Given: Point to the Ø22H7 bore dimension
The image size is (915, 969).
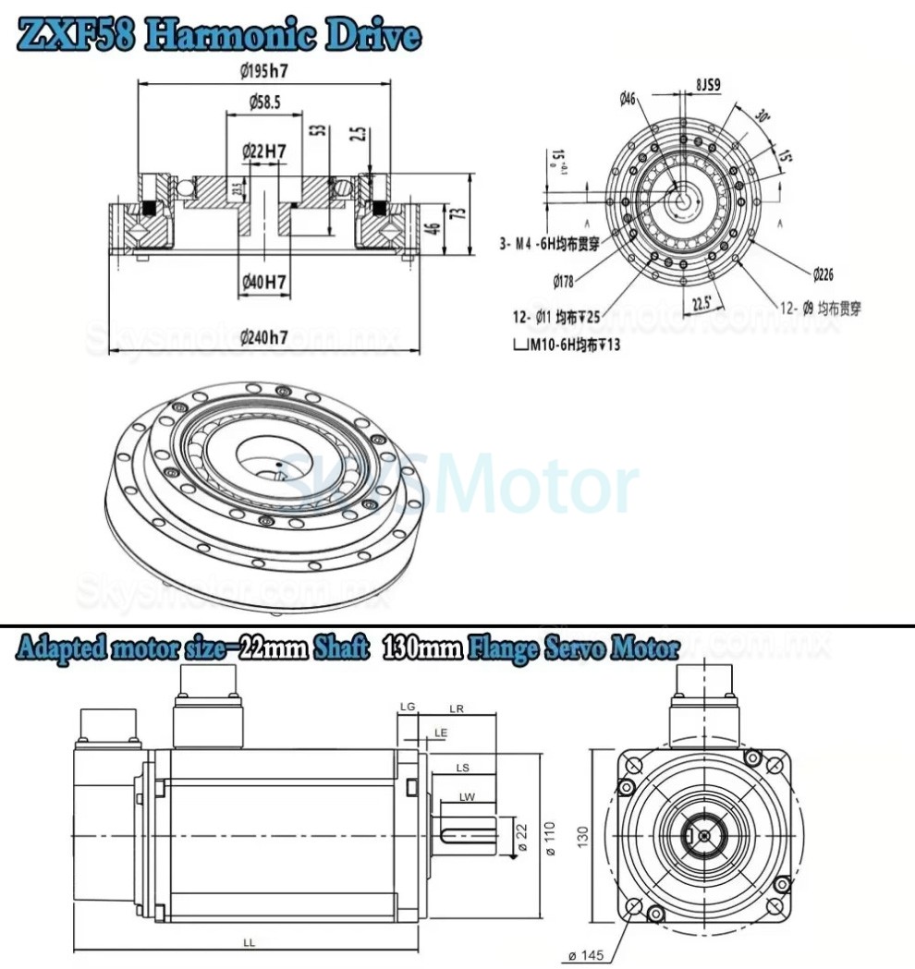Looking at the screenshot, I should (263, 150).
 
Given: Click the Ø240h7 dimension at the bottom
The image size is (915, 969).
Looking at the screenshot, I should (263, 337).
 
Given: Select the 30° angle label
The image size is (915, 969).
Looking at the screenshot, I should (762, 117).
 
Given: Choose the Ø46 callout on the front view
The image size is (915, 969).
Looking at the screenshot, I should (628, 98).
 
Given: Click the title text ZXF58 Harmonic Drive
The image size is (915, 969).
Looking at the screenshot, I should (220, 35).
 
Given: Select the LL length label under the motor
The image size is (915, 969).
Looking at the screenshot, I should (249, 941).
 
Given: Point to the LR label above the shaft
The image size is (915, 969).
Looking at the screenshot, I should (456, 709).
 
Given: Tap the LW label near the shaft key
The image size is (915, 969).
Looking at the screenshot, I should (467, 796).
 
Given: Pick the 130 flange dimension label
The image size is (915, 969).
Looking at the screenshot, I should (582, 835).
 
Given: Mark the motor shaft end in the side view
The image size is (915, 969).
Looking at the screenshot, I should (495, 835).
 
